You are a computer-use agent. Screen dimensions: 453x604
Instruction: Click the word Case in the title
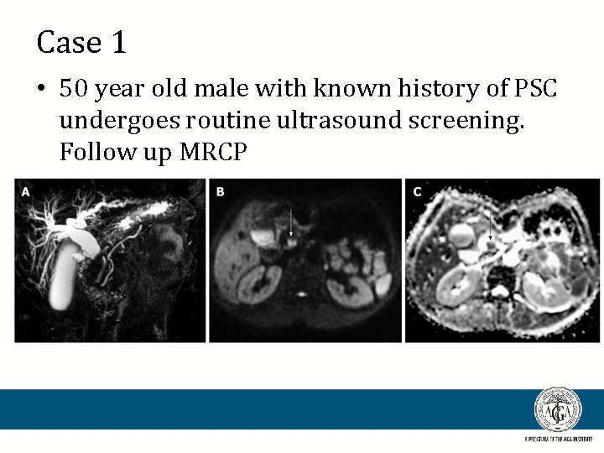coord(68,42)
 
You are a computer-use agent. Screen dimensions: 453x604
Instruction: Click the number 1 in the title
coord(117,42)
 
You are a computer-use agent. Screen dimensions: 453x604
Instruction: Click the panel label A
coord(25,192)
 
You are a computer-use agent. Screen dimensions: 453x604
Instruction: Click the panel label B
coord(220,192)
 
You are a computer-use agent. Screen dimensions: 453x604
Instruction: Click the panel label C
coord(416,192)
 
